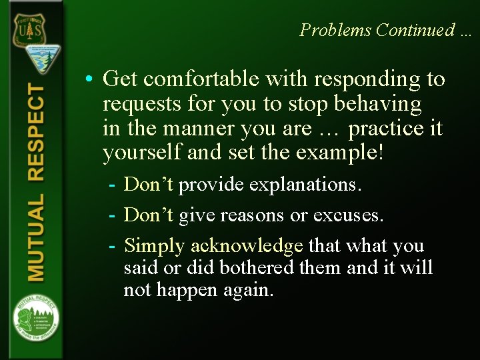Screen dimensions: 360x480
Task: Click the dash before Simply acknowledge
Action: tap(113, 246)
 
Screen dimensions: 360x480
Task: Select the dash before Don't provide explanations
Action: tap(113, 185)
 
